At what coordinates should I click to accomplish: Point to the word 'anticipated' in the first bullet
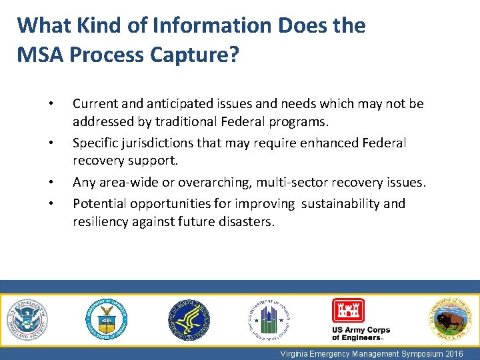coord(175,104)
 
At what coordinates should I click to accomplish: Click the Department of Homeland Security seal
coord(27,319)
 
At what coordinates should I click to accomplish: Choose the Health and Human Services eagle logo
coord(188,319)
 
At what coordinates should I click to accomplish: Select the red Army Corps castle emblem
coord(348,310)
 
